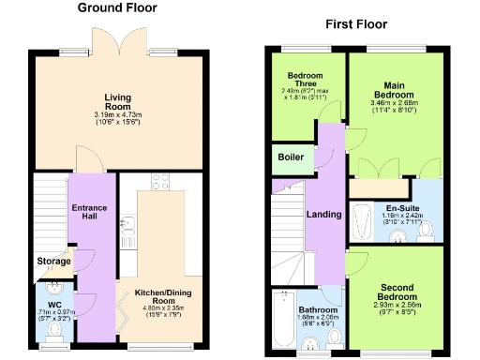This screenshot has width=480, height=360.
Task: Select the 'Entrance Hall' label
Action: tap(90, 213)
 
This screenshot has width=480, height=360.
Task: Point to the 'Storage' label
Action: tap(53, 261)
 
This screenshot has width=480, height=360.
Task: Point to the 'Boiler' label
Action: tap(290, 157)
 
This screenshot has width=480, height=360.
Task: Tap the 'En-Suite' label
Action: tap(400, 207)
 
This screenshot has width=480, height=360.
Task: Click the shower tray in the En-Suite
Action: tap(362, 222)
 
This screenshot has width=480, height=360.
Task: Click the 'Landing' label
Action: tap(323, 216)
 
